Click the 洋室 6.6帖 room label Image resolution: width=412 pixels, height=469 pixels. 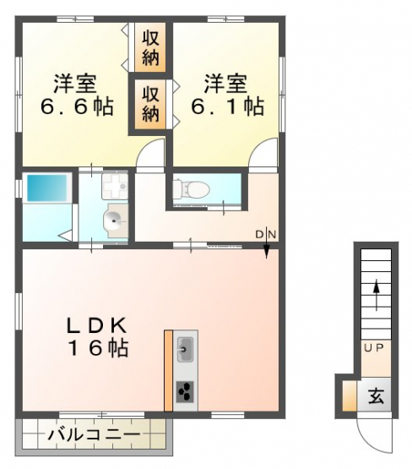click(77, 95)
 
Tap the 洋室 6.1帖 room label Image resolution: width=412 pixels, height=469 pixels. click(227, 95)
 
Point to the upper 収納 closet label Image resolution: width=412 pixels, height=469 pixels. click(150, 48)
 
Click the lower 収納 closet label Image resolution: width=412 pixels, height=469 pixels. click(150, 104)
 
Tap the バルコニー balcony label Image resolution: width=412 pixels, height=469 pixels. click(94, 434)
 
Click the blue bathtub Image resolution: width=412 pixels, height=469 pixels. click(47, 188)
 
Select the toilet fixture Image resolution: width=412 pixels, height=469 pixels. click(191, 188)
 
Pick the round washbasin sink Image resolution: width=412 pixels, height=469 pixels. click(116, 221)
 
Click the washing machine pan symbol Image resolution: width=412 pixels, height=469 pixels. click(115, 187)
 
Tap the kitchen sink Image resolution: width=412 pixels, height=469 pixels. click(185, 349)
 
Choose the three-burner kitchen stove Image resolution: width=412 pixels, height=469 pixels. click(185, 392)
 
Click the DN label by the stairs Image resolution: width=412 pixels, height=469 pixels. click(266, 235)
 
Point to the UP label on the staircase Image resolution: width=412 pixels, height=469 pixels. click(374, 347)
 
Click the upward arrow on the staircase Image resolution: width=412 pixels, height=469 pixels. click(377, 296)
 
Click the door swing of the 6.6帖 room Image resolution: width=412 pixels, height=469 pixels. click(150, 154)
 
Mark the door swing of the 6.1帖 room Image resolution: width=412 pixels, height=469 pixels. click(263, 153)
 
